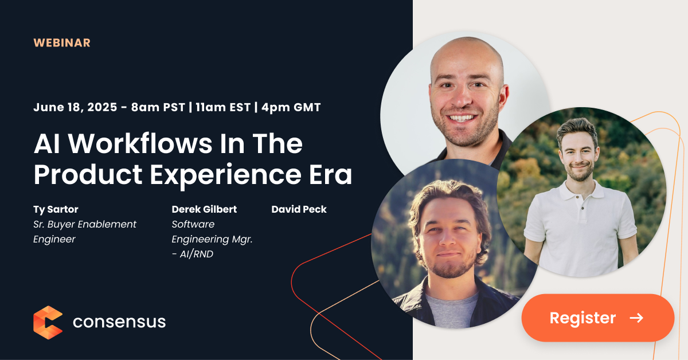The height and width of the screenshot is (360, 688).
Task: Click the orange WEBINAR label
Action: pyautogui.click(x=62, y=42)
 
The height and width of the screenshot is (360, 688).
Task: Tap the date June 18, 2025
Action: pyautogui.click(x=75, y=107)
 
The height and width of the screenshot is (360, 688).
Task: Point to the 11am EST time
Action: pyautogui.click(x=223, y=107)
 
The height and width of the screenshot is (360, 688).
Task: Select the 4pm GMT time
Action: pyautogui.click(x=291, y=107)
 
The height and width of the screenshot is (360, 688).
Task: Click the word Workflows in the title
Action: pyautogui.click(x=140, y=143)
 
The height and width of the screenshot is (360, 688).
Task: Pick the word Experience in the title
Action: pyautogui.click(x=225, y=175)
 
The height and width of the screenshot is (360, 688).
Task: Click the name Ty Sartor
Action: pyautogui.click(x=56, y=209)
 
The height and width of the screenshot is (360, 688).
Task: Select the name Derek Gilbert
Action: pyautogui.click(x=204, y=209)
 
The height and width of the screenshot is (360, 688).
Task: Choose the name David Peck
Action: pyautogui.click(x=299, y=209)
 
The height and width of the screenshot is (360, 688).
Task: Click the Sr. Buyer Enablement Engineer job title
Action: pyautogui.click(x=84, y=232)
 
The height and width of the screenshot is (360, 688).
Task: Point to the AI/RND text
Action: pyautogui.click(x=197, y=254)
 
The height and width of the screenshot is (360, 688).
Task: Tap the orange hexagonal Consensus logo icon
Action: pyautogui.click(x=48, y=323)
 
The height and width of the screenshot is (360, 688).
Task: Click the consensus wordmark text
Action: pyautogui.click(x=119, y=322)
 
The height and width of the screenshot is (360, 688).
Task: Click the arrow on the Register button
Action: pyautogui.click(x=636, y=318)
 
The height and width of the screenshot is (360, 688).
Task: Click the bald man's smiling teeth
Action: pyautogui.click(x=462, y=118)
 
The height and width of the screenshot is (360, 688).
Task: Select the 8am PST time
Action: pyautogui.click(x=158, y=107)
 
